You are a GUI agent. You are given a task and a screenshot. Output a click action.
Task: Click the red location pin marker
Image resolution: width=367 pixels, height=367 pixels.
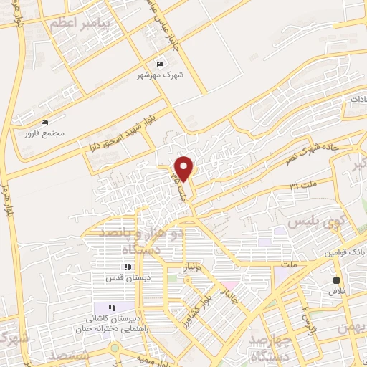tap(184, 168)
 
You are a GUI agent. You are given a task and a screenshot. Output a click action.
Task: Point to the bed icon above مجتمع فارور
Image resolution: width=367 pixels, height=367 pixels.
tap(45, 123)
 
